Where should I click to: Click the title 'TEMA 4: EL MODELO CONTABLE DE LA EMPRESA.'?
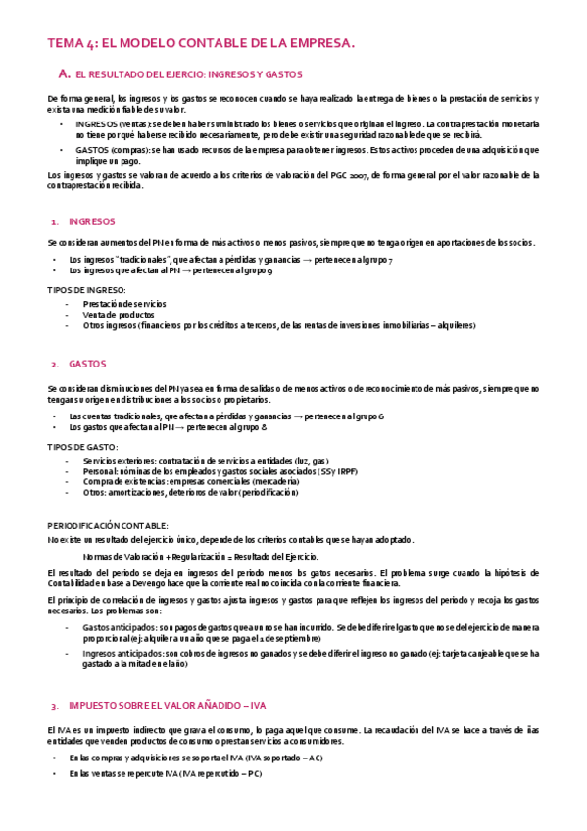click(x=201, y=43)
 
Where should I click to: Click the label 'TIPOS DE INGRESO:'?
click(x=86, y=290)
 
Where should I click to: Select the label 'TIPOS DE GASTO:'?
click(x=82, y=446)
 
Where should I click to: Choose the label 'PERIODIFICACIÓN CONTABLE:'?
click(x=108, y=526)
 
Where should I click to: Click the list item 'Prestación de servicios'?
click(x=124, y=303)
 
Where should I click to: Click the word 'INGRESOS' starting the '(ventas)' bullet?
click(x=97, y=125)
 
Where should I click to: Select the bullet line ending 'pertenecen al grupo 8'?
click(x=170, y=428)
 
